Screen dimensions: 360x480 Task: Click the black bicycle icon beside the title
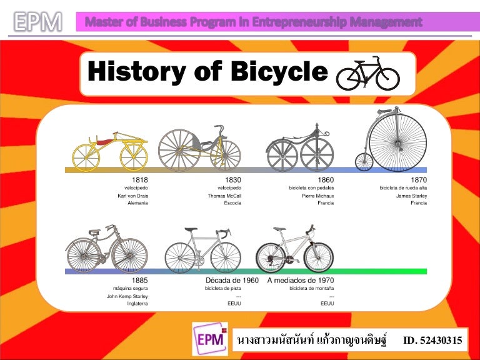point(367,73)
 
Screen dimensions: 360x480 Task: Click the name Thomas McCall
point(221,196)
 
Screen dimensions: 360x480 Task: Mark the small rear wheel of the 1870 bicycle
point(364,162)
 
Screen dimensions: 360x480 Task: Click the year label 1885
point(140,281)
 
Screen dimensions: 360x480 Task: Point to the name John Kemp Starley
point(127,296)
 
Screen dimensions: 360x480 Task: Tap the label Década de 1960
point(232,281)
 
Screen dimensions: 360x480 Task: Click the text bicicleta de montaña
point(311,289)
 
